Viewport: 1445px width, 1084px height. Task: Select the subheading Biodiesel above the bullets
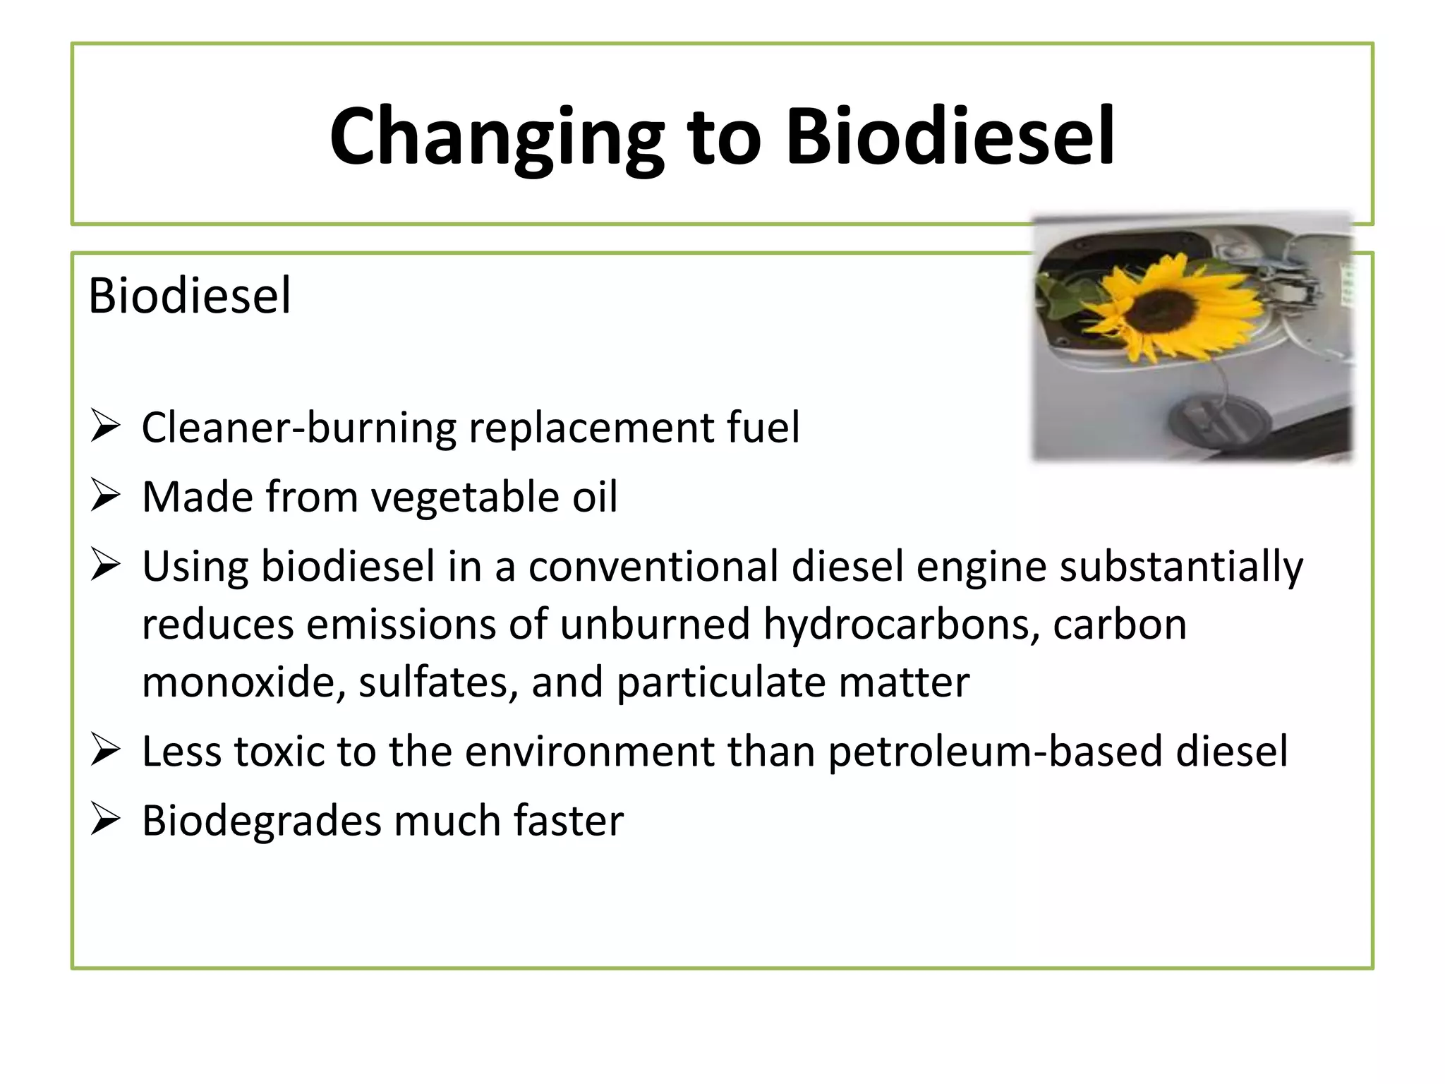click(x=189, y=296)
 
